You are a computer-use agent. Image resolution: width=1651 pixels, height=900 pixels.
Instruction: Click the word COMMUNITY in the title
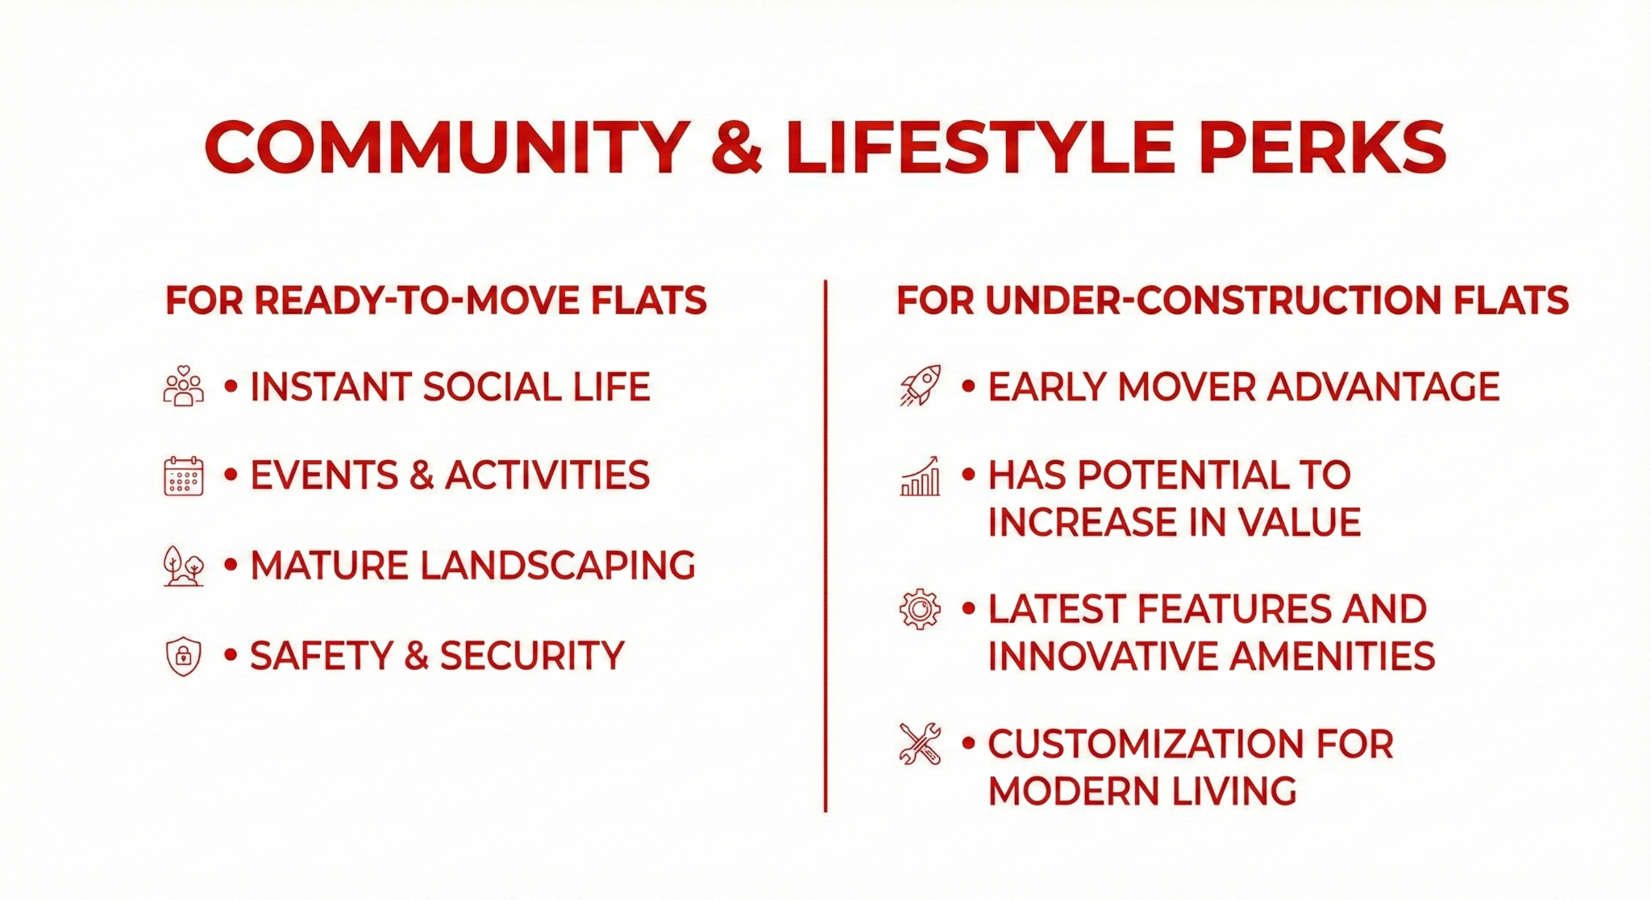tap(447, 148)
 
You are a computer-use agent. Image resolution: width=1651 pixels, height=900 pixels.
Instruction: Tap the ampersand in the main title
tap(737, 148)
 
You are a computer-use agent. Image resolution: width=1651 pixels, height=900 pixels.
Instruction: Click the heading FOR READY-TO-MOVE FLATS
tap(435, 301)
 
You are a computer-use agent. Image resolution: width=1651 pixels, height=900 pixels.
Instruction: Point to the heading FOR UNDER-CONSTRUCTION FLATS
tap(1232, 301)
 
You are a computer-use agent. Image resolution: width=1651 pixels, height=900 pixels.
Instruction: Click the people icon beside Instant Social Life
tap(183, 386)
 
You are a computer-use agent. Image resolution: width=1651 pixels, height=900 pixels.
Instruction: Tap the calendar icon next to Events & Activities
tap(183, 475)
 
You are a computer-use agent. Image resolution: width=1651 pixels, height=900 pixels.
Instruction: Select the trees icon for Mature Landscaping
tap(183, 566)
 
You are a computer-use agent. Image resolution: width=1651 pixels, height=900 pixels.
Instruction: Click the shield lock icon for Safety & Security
tap(183, 656)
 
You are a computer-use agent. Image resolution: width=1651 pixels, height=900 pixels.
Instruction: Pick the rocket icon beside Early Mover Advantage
tap(920, 385)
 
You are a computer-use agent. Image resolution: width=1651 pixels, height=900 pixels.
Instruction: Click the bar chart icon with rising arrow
tap(920, 475)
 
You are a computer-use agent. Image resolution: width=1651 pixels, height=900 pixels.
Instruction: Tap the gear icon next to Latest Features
tap(920, 609)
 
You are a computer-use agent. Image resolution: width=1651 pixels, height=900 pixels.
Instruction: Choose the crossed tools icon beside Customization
tap(920, 743)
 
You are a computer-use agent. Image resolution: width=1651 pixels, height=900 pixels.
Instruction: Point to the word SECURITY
tap(532, 656)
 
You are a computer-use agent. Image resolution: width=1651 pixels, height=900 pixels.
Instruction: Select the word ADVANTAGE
tap(1383, 387)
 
